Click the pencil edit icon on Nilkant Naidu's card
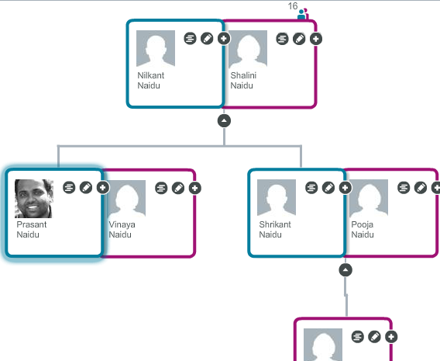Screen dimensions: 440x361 207,39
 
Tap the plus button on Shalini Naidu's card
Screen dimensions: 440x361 316,39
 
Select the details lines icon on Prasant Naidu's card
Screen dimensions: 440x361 69,188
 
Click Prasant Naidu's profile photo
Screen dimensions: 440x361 34,199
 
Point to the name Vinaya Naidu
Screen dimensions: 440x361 122,230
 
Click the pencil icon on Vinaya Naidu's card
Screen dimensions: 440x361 178,188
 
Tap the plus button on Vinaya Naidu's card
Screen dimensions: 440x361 195,188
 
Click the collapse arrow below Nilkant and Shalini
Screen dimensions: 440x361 224,121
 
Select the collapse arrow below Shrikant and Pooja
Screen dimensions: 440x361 345,270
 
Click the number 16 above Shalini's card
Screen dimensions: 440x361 293,6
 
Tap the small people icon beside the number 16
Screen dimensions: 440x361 303,14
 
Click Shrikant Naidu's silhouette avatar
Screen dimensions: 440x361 277,197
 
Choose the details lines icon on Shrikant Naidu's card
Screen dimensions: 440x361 311,188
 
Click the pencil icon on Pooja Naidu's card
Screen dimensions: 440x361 421,188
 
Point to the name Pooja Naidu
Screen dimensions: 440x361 363,230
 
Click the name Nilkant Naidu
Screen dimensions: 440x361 151,81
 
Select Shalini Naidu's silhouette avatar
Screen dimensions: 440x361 248,49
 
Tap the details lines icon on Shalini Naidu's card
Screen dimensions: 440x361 282,39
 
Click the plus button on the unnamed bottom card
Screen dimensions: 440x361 391,336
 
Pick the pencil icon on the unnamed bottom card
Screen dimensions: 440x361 374,336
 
